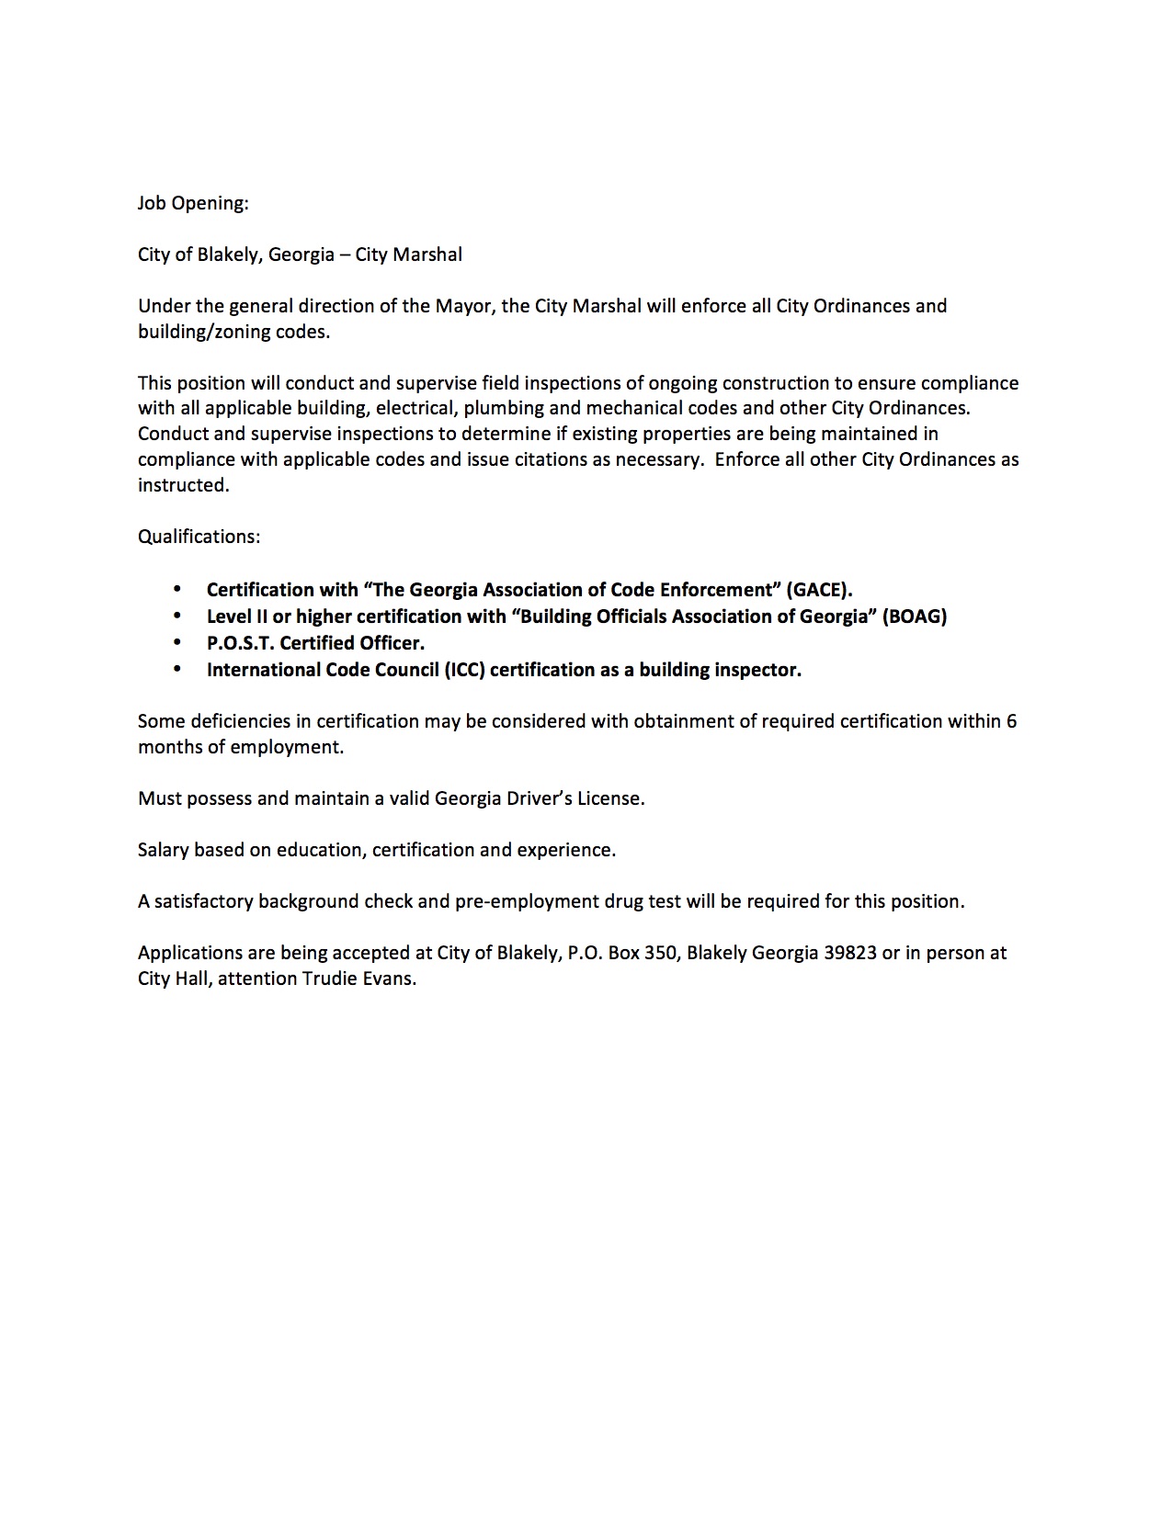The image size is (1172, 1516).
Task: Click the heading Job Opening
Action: pos(193,203)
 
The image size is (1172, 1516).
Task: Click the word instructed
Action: pos(182,485)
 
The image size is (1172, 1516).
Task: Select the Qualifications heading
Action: pos(199,537)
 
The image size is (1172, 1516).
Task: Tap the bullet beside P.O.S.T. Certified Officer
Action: pos(177,643)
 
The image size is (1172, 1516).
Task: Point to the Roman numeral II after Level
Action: pos(258,617)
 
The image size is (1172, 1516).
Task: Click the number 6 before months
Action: pos(1011,721)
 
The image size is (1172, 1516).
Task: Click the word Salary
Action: pos(164,850)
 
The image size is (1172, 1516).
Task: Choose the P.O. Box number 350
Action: pos(660,953)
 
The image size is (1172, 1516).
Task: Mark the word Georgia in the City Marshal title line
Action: pos(301,255)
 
